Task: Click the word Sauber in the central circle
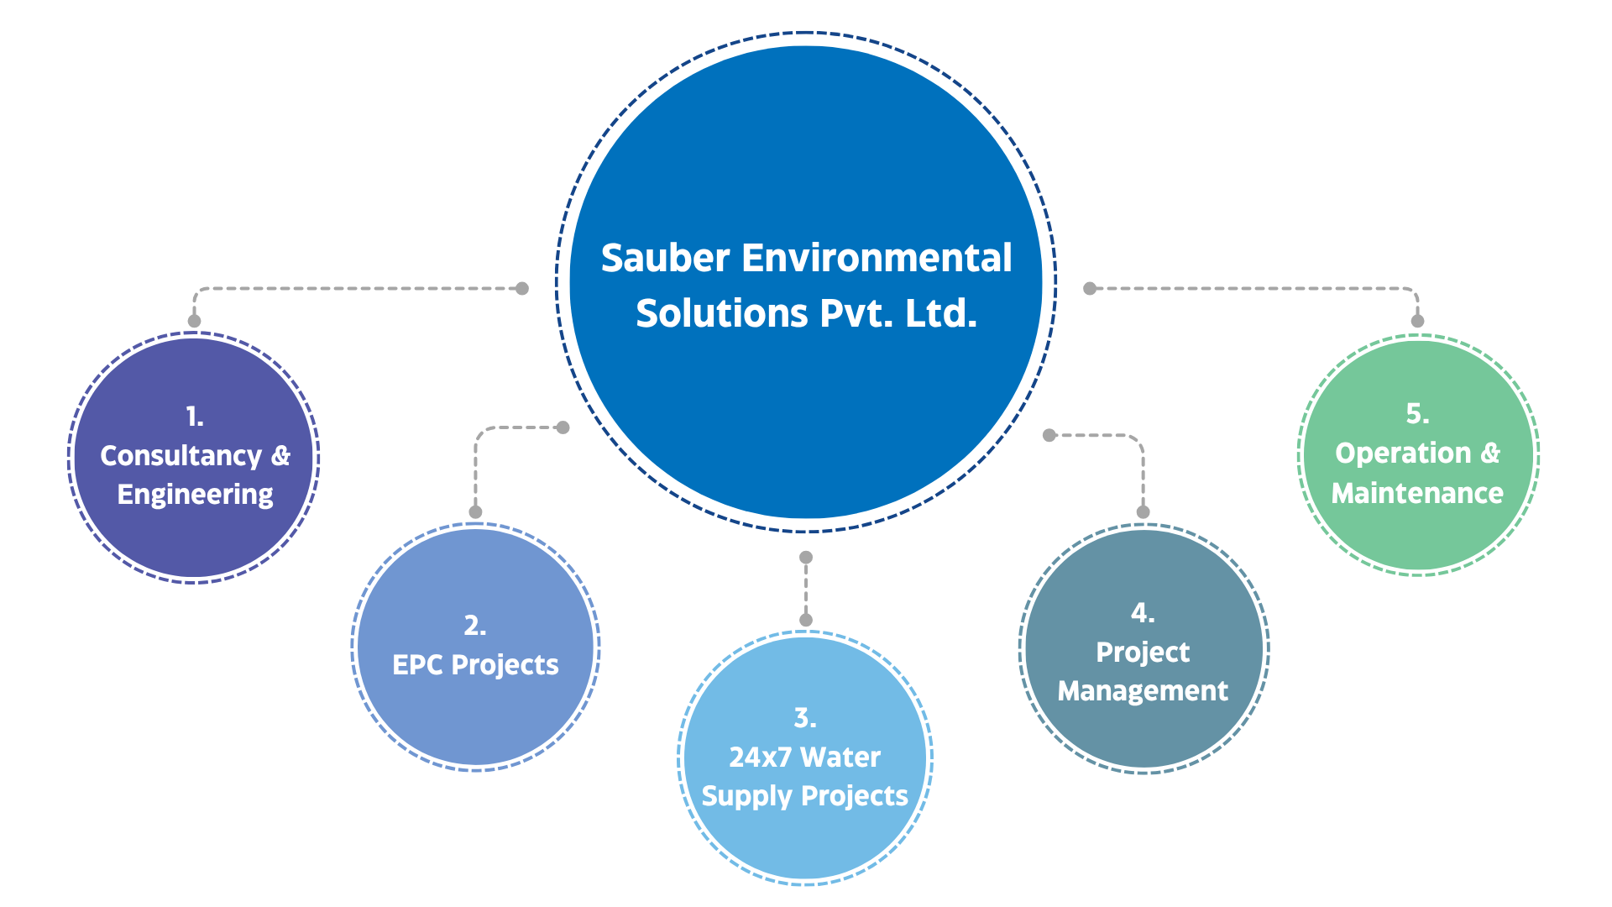click(x=665, y=258)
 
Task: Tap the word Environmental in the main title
click(x=877, y=258)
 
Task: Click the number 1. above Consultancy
click(x=195, y=417)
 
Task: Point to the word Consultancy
click(x=181, y=455)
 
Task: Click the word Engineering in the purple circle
click(x=195, y=495)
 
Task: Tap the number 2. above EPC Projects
click(x=475, y=626)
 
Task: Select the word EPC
click(x=418, y=665)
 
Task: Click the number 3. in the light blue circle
click(x=805, y=718)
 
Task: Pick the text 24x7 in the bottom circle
click(x=760, y=758)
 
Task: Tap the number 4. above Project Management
click(x=1143, y=613)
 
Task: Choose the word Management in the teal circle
click(x=1143, y=691)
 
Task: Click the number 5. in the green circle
click(x=1417, y=414)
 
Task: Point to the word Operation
click(x=1403, y=453)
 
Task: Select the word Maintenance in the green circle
click(x=1417, y=493)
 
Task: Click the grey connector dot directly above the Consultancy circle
click(x=195, y=321)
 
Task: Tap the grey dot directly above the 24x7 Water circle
click(x=806, y=620)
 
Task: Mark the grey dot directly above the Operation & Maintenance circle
click(x=1417, y=321)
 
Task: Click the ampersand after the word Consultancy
click(x=280, y=455)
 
